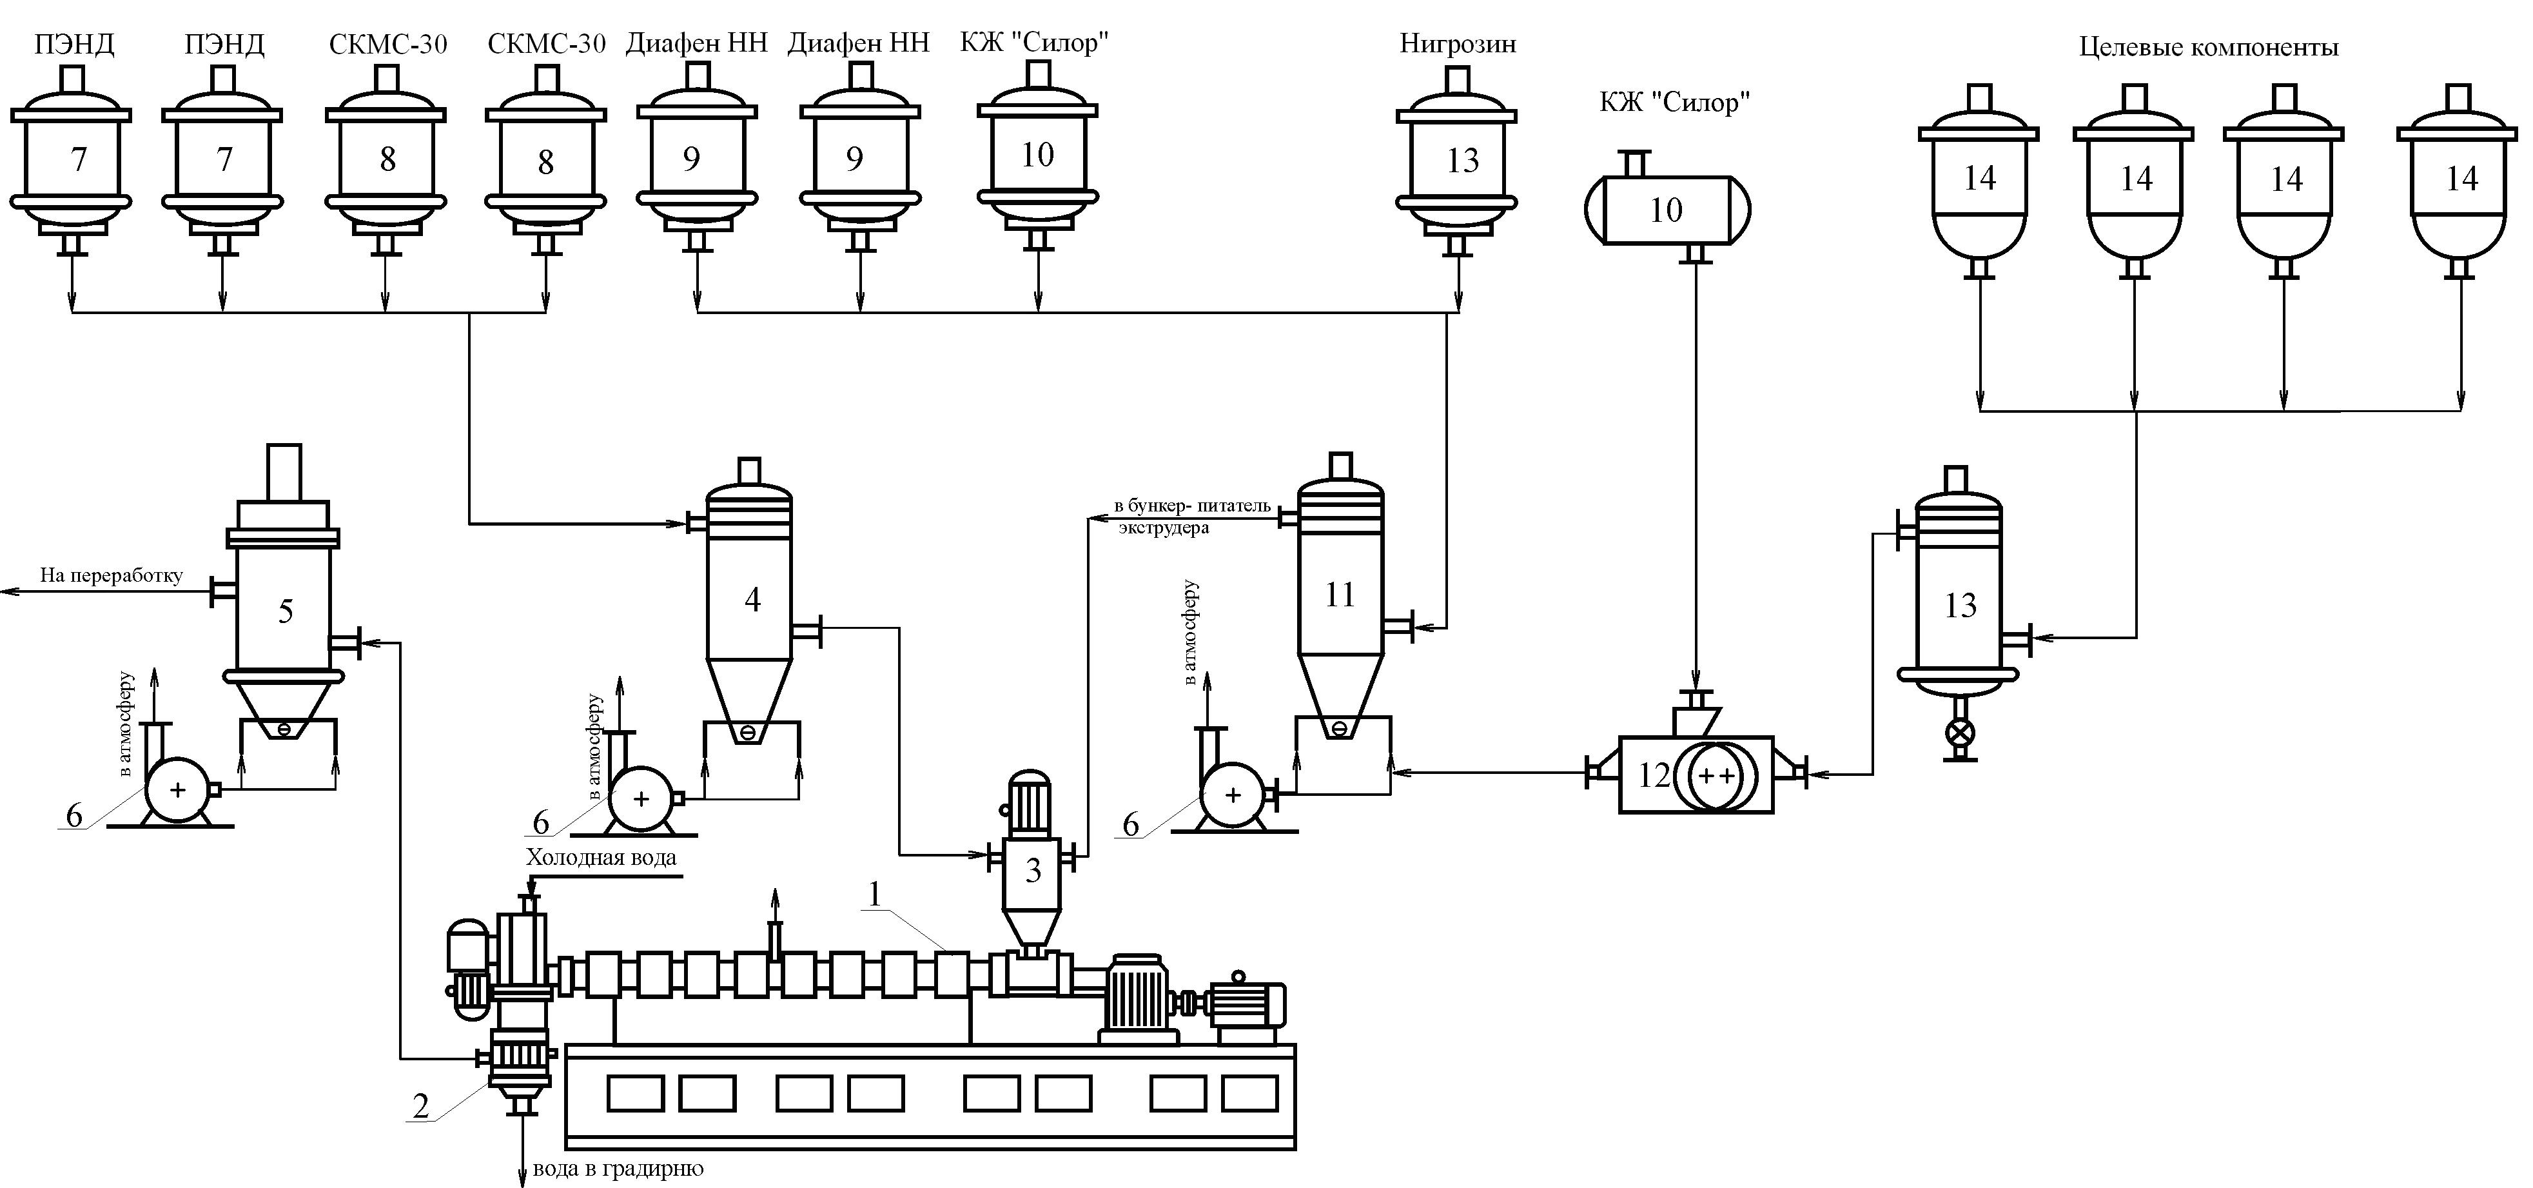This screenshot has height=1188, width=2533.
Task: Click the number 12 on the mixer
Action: [1654, 775]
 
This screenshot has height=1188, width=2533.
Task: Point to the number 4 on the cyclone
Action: [752, 599]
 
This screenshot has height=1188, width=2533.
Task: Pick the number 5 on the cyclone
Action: [285, 611]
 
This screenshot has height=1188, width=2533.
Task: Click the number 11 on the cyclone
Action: [1339, 594]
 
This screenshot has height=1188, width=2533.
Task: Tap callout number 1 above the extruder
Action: [875, 893]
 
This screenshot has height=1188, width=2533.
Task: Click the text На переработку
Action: [111, 575]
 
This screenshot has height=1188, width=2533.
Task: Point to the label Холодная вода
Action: [601, 858]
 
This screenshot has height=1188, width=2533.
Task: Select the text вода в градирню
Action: [618, 1169]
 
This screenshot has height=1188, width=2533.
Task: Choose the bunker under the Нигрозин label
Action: [1457, 163]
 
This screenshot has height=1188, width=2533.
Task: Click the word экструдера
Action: [1163, 528]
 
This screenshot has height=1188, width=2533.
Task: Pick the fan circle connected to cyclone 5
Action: [177, 789]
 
